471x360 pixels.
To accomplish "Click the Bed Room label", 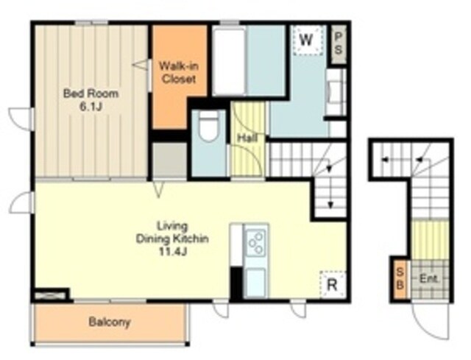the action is (91, 93).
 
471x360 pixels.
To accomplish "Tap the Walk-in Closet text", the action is (178, 72).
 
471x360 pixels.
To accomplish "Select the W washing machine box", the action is (308, 40).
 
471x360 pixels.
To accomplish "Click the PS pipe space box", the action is (339, 43).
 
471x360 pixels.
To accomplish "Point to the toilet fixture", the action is (209, 126).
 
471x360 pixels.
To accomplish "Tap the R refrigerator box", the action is (333, 284).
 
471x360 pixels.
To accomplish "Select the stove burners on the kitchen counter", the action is (256, 243).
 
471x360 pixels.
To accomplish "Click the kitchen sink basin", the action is (255, 283).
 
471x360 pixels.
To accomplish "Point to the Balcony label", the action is (110, 322).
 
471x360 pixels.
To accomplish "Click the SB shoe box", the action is (400, 278).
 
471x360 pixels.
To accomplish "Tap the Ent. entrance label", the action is (428, 278).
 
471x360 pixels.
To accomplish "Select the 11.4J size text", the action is (172, 252).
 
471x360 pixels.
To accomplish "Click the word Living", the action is (173, 226).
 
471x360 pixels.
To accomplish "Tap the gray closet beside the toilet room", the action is (170, 160).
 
